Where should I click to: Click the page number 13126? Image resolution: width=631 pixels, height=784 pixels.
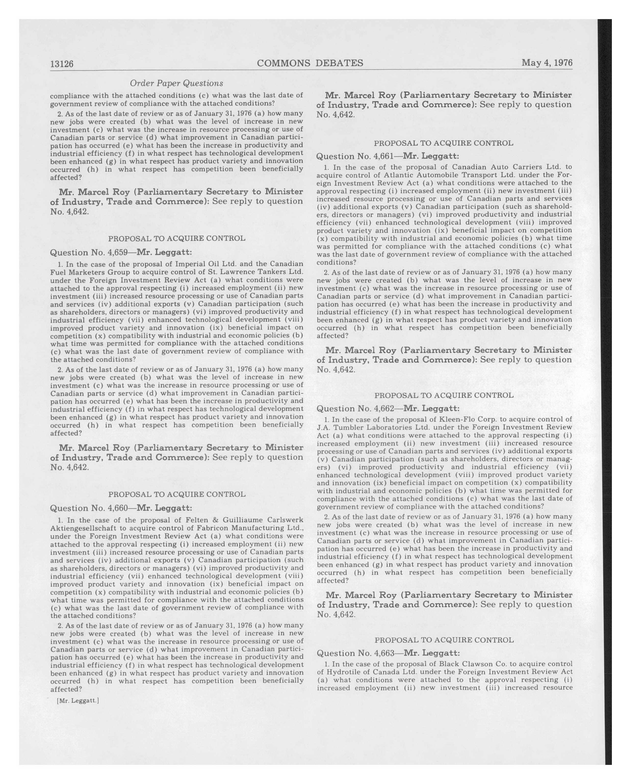click(62, 64)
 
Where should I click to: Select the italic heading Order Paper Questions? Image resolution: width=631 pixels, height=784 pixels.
click(176, 83)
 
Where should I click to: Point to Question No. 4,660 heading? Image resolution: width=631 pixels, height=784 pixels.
click(121, 508)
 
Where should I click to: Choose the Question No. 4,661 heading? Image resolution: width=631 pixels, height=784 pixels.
click(388, 156)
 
